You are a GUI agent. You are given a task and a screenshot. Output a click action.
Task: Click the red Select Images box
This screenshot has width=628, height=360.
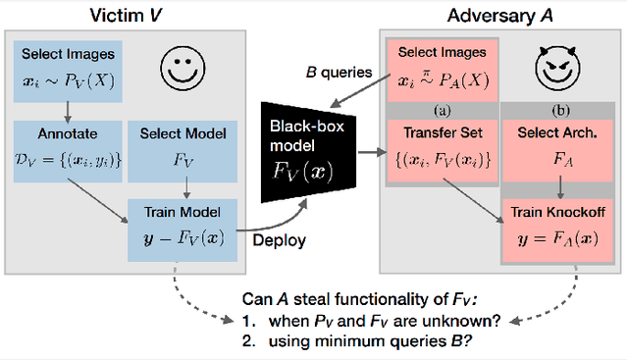442,69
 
